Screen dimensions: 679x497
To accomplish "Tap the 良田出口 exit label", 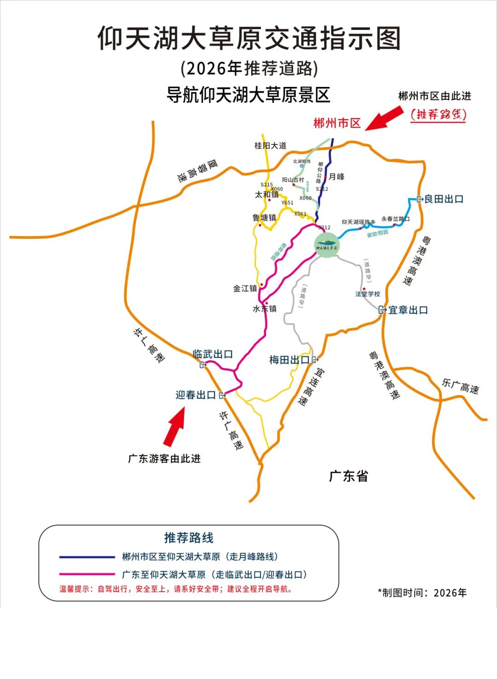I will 443,199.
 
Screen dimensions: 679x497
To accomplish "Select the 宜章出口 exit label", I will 408,310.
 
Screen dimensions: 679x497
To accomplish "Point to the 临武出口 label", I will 213,354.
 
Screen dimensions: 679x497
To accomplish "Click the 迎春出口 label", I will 196,395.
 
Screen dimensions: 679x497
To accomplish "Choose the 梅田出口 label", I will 289,360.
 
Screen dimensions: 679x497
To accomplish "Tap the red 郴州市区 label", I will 337,123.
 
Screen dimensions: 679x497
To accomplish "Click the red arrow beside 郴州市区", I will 385,118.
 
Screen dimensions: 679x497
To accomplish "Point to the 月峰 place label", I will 337,177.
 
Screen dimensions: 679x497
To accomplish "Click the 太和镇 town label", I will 267,195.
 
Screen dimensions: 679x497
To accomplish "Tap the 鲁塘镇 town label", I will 264,218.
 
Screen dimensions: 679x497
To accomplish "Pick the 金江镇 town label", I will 245,288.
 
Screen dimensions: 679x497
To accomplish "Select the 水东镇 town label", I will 265,309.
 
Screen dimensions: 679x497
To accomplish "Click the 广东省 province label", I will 348,476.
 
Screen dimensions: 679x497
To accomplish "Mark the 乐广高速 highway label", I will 460,386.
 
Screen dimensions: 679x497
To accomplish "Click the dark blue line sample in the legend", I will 87,557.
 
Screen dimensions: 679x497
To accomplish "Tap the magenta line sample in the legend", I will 87,574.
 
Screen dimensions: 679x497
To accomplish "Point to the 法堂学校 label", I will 368,294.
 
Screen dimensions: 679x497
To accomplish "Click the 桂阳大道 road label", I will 271,145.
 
